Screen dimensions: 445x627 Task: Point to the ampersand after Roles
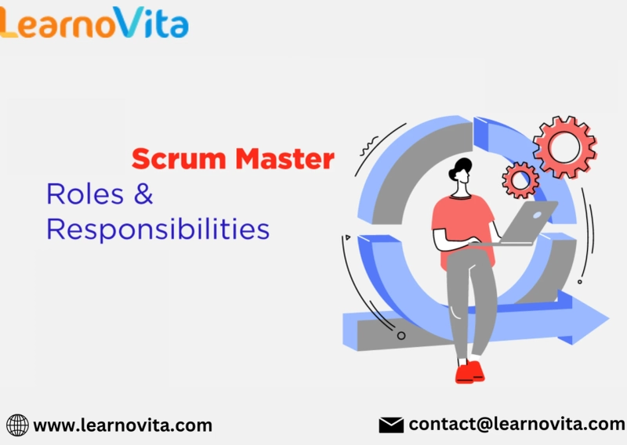point(143,194)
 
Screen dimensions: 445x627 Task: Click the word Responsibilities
point(158,229)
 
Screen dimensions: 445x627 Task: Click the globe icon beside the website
point(17,425)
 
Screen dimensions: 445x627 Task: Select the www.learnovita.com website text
point(123,425)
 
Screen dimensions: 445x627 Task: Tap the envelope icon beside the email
point(391,425)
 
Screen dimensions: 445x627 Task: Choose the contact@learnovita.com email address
point(517,424)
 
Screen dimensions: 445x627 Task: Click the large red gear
point(564,147)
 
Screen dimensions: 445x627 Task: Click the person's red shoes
point(469,371)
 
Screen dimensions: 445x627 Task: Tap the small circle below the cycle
point(401,335)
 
